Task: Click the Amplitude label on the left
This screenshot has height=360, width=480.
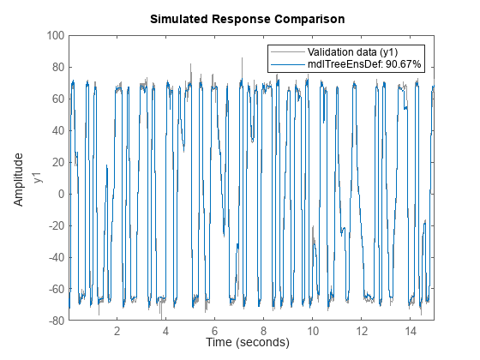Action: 18,178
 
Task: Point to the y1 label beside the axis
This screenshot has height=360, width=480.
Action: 37,178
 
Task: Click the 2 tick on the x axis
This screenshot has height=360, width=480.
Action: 117,330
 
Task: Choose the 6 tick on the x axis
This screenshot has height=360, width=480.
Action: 215,330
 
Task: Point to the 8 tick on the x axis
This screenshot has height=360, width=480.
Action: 264,330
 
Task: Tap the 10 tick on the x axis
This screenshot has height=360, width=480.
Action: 313,330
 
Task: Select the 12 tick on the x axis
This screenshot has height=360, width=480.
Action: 362,330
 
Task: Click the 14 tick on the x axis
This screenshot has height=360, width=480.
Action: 411,330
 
